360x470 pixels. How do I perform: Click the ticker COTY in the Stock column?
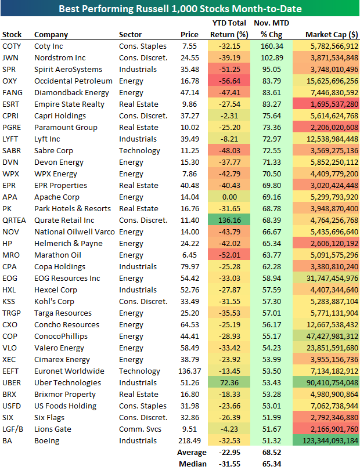click(12, 46)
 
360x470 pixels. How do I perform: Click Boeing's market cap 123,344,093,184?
click(326, 440)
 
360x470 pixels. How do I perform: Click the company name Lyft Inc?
click(47, 139)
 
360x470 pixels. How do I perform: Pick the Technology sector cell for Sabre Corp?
click(139, 150)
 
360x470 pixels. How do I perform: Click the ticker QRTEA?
click(15, 220)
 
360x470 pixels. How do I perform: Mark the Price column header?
click(189, 34)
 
